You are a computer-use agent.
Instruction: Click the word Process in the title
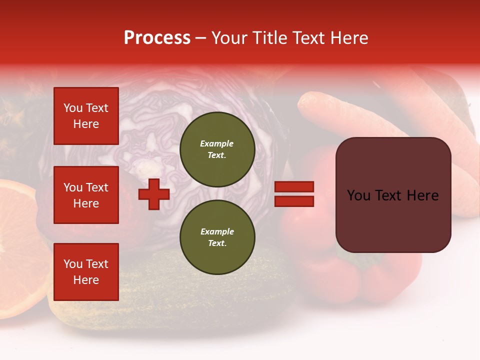pyautogui.click(x=157, y=38)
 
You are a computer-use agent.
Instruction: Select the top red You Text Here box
pyautogui.click(x=86, y=116)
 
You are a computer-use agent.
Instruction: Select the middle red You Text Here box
pyautogui.click(x=86, y=195)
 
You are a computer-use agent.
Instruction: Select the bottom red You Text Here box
pyautogui.click(x=86, y=271)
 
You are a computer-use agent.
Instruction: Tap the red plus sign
pyautogui.click(x=154, y=194)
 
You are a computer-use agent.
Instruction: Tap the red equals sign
pyautogui.click(x=294, y=194)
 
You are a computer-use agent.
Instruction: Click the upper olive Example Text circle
pyautogui.click(x=217, y=149)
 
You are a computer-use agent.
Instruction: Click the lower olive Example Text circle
pyautogui.click(x=217, y=237)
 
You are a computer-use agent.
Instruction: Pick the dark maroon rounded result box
pyautogui.click(x=393, y=195)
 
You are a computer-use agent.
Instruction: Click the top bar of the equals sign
pyautogui.click(x=294, y=187)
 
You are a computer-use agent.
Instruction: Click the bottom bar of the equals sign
pyautogui.click(x=294, y=201)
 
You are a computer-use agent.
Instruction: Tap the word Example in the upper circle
pyautogui.click(x=217, y=143)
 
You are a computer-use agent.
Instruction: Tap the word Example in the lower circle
pyautogui.click(x=217, y=231)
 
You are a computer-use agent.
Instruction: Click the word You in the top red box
pyautogui.click(x=73, y=108)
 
